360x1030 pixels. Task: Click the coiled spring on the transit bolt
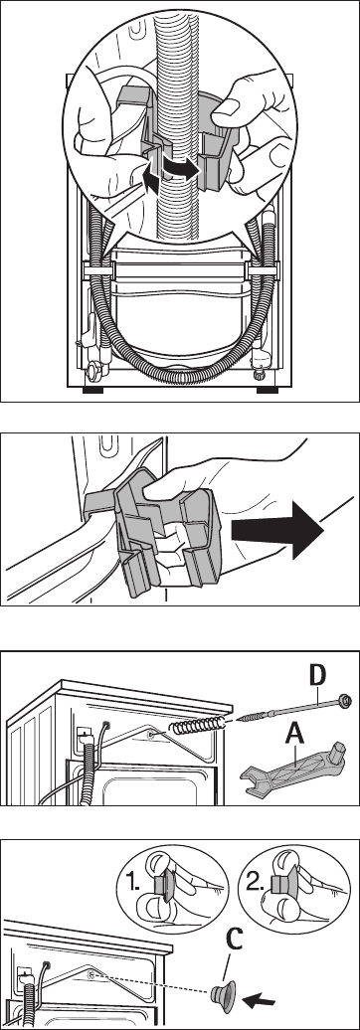click(197, 727)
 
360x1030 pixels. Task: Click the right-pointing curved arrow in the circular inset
click(180, 167)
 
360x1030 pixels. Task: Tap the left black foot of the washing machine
click(92, 390)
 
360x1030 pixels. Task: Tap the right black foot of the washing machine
click(267, 390)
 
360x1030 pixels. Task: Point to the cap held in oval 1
click(162, 886)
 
